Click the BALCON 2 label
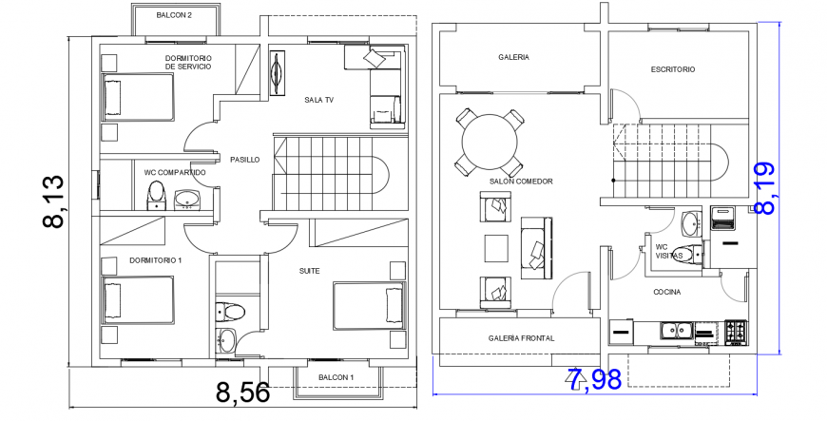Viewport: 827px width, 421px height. [174, 16]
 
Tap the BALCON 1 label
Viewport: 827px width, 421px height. [336, 377]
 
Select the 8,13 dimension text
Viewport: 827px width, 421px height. [53, 201]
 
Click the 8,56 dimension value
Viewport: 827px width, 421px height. [242, 392]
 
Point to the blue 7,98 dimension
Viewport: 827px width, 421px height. [594, 379]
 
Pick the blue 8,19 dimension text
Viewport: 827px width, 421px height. [764, 186]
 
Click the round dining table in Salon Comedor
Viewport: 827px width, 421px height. [490, 141]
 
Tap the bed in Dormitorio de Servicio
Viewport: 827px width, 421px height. [137, 99]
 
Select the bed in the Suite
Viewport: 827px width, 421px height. [369, 306]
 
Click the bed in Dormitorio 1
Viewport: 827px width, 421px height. [137, 301]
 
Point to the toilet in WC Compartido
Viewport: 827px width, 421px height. [157, 196]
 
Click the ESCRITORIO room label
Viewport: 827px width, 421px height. [673, 69]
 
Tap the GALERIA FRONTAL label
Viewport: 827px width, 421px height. [521, 338]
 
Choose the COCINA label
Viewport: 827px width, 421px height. [666, 292]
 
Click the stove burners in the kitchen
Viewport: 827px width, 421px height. [736, 332]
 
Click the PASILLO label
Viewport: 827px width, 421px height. [244, 160]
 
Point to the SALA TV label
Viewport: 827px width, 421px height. [318, 100]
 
